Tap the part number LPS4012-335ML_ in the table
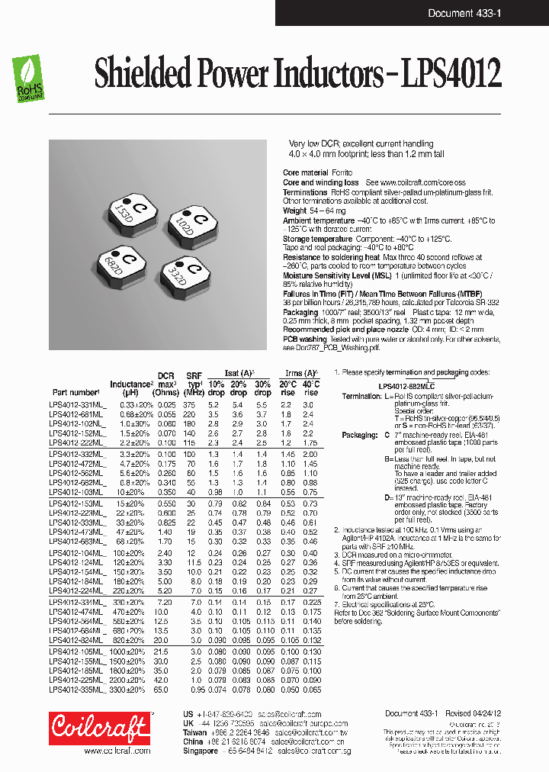79,689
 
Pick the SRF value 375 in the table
188,404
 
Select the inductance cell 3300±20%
127,689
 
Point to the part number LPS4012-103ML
77,493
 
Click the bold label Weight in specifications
294,211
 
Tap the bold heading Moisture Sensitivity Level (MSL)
333,275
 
